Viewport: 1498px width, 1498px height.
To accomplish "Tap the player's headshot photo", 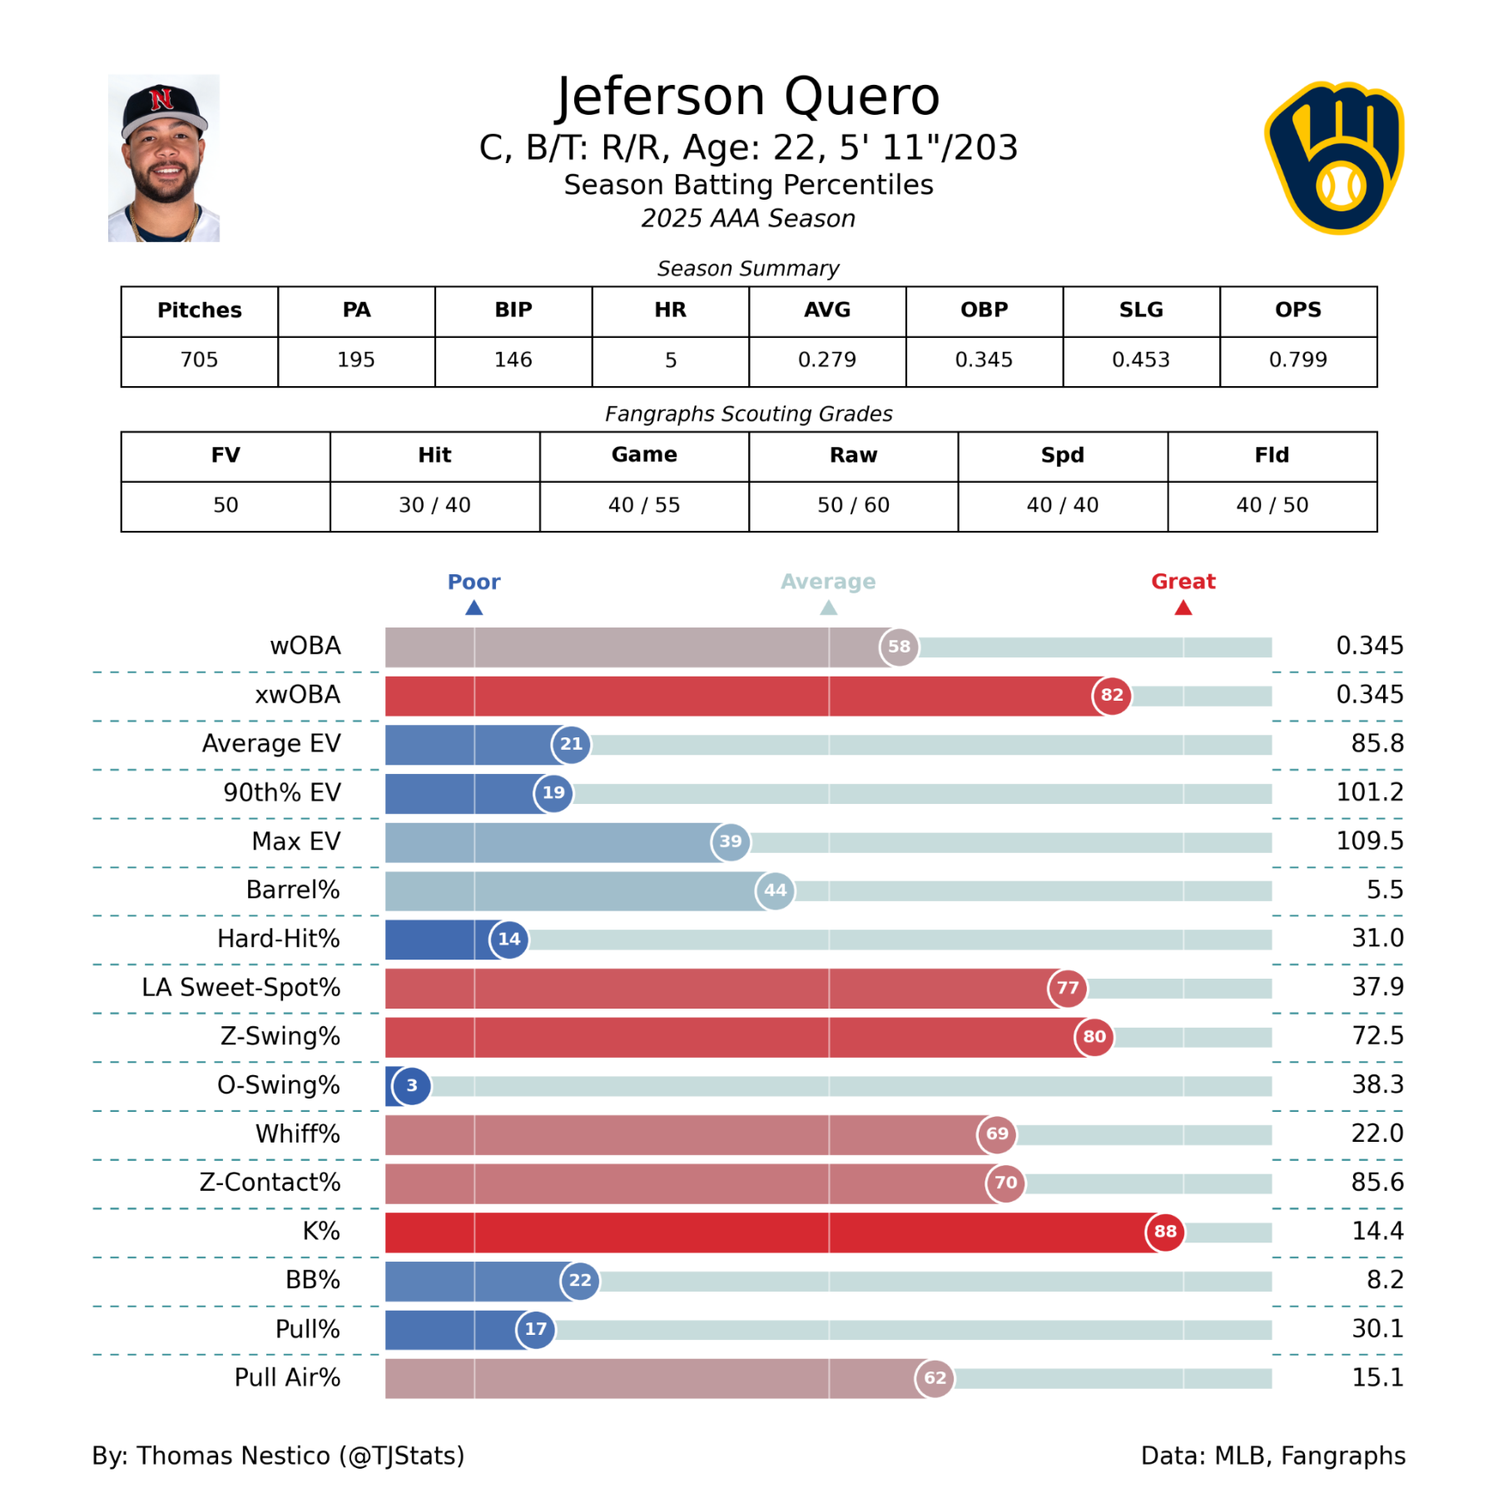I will pos(164,158).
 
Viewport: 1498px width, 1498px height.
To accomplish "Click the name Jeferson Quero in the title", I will pos(748,97).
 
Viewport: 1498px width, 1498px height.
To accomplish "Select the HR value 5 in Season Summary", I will pos(670,360).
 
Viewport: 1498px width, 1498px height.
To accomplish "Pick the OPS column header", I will pos(1297,310).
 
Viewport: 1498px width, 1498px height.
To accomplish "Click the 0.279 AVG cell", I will pos(826,360).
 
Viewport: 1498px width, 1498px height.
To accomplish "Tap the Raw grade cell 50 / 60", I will pos(853,505).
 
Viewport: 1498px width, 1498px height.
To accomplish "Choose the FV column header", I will pos(226,455).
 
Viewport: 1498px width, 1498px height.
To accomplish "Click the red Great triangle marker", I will pos(1183,608).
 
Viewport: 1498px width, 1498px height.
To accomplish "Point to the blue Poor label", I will pos(474,582).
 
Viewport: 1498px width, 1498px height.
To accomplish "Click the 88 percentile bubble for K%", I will pos(1165,1232).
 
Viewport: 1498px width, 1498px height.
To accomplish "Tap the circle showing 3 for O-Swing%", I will pos(412,1085).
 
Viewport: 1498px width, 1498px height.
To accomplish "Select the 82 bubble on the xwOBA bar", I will pos(1112,695).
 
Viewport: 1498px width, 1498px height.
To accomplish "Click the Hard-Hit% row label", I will pos(279,939).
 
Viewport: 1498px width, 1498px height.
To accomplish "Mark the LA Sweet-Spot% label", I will pos(241,988).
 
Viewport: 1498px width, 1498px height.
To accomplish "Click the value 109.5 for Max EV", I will pos(1369,841).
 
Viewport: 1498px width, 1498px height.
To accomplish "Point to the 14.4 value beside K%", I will pos(1377,1231).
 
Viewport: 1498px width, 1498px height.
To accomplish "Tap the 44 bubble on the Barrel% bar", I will pos(775,890).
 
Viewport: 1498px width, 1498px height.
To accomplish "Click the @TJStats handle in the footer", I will pos(402,1456).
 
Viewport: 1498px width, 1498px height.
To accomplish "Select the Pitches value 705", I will pos(199,360).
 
